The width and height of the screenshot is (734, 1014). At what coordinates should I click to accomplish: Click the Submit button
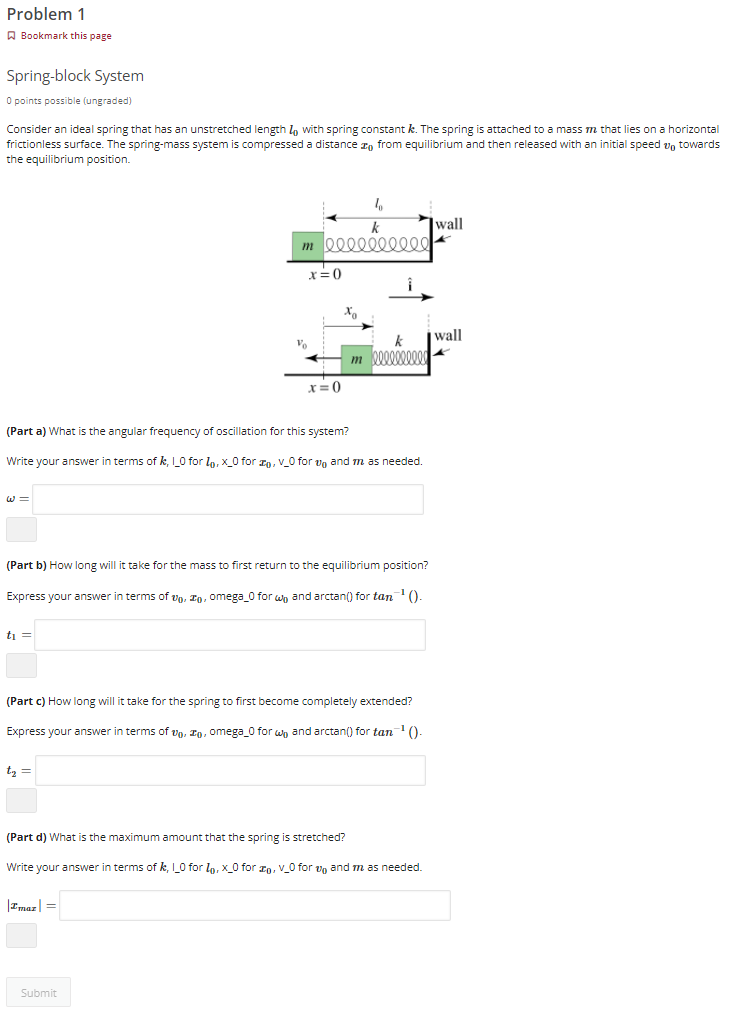pos(38,992)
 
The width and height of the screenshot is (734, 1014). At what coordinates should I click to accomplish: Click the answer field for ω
pos(228,499)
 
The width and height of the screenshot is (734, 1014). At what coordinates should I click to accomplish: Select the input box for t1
pos(230,634)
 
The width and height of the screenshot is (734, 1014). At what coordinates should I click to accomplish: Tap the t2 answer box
pos(230,770)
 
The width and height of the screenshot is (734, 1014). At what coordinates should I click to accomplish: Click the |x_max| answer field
pos(254,905)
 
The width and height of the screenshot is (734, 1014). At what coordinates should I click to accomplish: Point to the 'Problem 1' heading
pos(46,14)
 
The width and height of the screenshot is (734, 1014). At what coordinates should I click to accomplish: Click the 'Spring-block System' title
pos(75,76)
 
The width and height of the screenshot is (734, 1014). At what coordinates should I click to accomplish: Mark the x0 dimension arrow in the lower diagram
pos(348,325)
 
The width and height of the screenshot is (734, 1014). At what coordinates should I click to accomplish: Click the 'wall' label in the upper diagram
pos(449,223)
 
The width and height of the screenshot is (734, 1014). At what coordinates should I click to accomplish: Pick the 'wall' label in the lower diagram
pos(449,335)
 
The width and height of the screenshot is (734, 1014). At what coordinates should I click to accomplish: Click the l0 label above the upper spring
pos(377,203)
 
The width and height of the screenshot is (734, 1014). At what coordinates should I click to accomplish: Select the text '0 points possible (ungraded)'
pos(69,101)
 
